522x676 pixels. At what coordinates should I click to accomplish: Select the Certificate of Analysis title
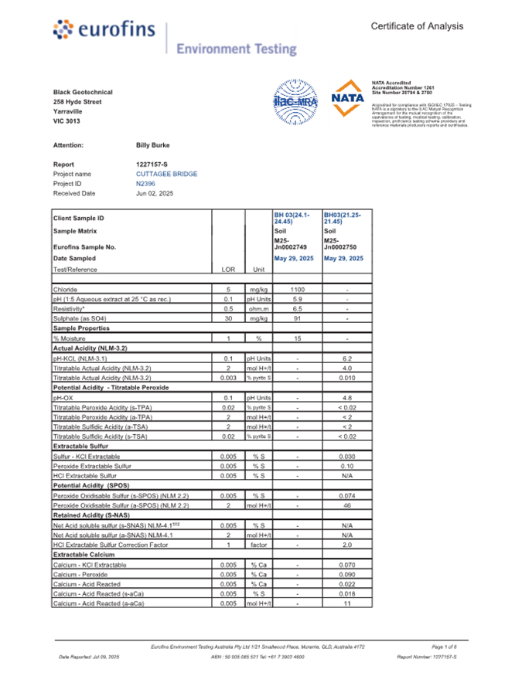[417, 26]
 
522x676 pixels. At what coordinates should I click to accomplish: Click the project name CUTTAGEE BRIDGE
[166, 174]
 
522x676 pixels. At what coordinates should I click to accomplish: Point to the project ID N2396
[145, 184]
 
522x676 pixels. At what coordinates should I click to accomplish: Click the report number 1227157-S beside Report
[152, 165]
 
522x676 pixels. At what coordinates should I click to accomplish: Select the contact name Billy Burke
[152, 145]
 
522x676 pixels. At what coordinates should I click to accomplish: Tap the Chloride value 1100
[297, 289]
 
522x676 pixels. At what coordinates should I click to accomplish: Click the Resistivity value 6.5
[297, 308]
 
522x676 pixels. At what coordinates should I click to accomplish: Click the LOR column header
[228, 270]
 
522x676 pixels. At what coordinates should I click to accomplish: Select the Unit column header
[258, 270]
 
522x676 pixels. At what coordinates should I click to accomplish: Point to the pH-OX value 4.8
[347, 398]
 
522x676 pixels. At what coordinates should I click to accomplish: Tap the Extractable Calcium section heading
[83, 555]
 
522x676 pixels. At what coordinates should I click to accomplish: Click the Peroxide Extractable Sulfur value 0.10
[347, 467]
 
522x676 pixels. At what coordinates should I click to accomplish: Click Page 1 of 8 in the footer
[444, 646]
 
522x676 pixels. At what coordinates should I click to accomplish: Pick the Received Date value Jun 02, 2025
[157, 193]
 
